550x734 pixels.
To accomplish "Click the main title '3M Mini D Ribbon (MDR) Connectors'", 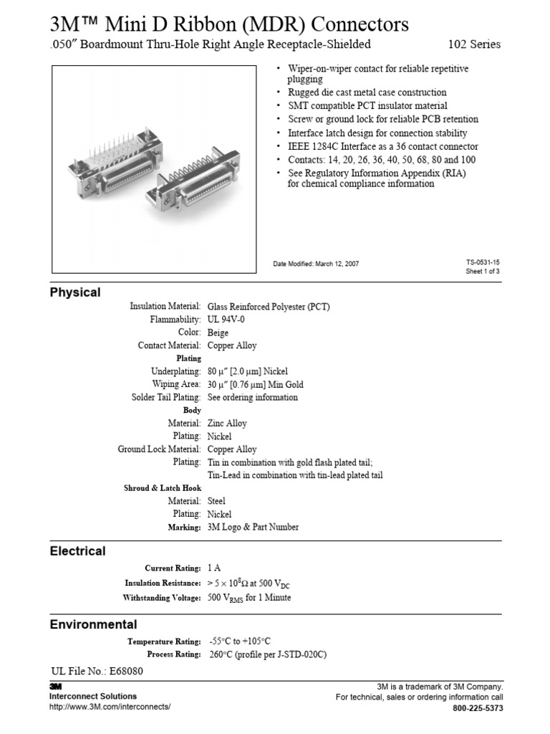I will [229, 24].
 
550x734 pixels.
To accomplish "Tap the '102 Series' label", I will [474, 44].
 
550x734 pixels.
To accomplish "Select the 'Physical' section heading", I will [75, 292].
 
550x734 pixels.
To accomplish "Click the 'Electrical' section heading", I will [77, 551].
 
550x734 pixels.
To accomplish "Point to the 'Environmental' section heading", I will [93, 624].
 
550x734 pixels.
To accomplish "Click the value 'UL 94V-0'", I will [226, 320].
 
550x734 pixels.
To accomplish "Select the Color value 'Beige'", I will [218, 333].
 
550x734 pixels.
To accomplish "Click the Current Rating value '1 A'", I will [214, 568].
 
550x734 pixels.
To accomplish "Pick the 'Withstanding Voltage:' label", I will [162, 598].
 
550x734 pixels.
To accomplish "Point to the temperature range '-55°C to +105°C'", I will [240, 642].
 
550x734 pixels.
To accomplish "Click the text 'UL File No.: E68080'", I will [97, 672].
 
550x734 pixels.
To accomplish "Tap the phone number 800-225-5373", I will [478, 708].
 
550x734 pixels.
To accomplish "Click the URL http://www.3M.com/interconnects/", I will [110, 707].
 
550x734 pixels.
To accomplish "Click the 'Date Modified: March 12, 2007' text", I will [316, 264].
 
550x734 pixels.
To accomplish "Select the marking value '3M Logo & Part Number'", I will [253, 527].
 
